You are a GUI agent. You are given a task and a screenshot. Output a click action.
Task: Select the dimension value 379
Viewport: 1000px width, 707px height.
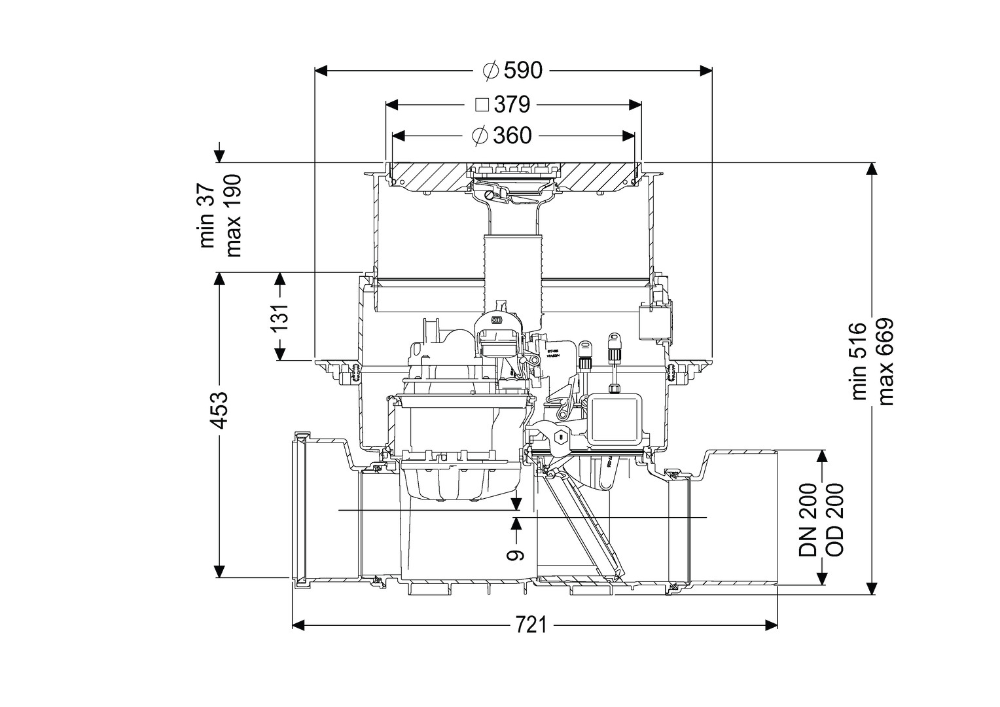point(512,104)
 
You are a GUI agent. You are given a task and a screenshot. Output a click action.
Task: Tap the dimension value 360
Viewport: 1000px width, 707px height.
point(512,136)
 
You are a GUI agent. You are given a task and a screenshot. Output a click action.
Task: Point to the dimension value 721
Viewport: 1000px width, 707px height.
point(530,626)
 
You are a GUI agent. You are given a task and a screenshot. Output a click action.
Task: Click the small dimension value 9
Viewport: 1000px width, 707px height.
point(517,554)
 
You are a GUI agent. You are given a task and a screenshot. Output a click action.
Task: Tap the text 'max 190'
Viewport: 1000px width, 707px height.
point(233,215)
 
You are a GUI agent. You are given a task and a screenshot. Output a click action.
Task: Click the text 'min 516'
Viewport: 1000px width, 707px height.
point(859,361)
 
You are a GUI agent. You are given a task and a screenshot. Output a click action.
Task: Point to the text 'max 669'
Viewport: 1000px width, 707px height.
point(885,362)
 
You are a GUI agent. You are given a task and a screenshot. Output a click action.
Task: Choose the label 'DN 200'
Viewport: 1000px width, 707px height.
point(809,519)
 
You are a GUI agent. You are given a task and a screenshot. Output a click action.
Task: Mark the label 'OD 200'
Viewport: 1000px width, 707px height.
point(834,519)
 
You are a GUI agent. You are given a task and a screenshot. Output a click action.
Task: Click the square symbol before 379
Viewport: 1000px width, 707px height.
point(482,105)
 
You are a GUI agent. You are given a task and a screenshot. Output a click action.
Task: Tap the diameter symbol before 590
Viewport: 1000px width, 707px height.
point(491,70)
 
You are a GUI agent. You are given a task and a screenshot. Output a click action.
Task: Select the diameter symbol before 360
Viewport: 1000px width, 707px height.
point(480,136)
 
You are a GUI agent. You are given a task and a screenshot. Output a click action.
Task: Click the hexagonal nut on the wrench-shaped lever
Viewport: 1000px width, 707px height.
point(560,437)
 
